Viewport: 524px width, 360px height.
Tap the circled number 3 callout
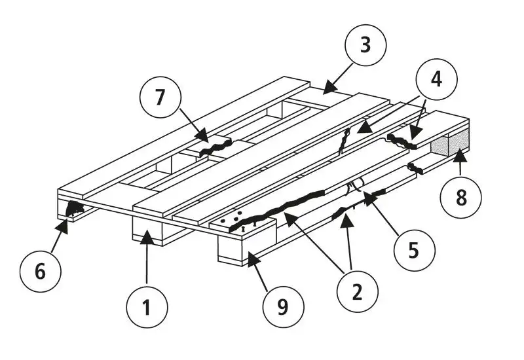(365, 46)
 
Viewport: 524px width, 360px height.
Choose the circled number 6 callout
(41, 270)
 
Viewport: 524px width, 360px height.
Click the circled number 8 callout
(461, 198)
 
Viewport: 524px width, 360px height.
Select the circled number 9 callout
(282, 306)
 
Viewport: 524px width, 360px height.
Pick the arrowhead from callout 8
(460, 156)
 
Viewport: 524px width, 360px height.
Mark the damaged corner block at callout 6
(73, 209)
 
